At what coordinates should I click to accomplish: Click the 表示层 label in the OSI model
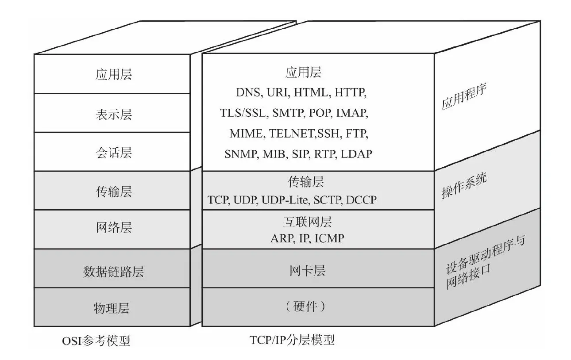(x=113, y=115)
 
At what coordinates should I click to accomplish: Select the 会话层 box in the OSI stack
(x=113, y=153)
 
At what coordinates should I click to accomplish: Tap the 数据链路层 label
(x=113, y=272)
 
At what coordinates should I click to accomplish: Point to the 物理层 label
(x=111, y=308)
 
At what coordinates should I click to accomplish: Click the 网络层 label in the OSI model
(x=113, y=228)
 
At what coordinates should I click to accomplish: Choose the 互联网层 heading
(x=307, y=221)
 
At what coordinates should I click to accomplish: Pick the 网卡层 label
(x=307, y=270)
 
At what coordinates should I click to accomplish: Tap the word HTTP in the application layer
(x=350, y=93)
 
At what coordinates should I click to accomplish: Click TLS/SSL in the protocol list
(x=243, y=113)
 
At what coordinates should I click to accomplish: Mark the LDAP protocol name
(x=357, y=153)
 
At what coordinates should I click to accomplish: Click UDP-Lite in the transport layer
(x=285, y=200)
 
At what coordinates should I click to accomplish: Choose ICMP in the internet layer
(x=329, y=239)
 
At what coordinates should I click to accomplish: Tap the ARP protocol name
(x=282, y=239)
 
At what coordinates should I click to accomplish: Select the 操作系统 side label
(x=464, y=187)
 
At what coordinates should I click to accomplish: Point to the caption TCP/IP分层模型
(x=292, y=340)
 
